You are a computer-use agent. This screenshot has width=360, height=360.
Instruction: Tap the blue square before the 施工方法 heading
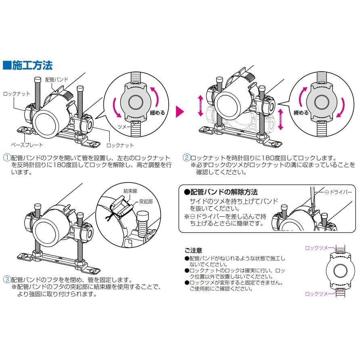coord(7,65)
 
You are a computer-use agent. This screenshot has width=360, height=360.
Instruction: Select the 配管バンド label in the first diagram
coord(57,80)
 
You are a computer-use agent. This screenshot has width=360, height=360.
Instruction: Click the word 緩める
coord(157,113)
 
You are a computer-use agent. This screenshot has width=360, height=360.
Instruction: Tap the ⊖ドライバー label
coord(339,193)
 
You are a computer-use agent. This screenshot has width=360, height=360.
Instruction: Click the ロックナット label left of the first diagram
coord(17,94)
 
